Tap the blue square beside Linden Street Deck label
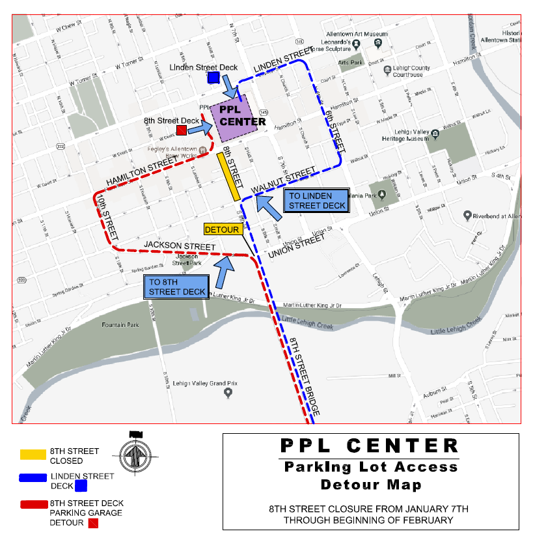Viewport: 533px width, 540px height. pyautogui.click(x=213, y=78)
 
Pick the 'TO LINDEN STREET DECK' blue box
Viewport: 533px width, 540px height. pyautogui.click(x=316, y=201)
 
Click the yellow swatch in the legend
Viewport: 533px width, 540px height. pyautogui.click(x=33, y=455)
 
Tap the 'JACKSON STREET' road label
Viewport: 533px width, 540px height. pyautogui.click(x=179, y=246)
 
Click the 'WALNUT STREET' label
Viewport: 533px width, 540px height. pyautogui.click(x=284, y=180)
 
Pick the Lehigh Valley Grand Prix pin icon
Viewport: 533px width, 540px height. pyautogui.click(x=228, y=393)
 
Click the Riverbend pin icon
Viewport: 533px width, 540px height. pyautogui.click(x=467, y=215)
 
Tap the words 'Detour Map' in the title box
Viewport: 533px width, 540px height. pyautogui.click(x=370, y=485)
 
